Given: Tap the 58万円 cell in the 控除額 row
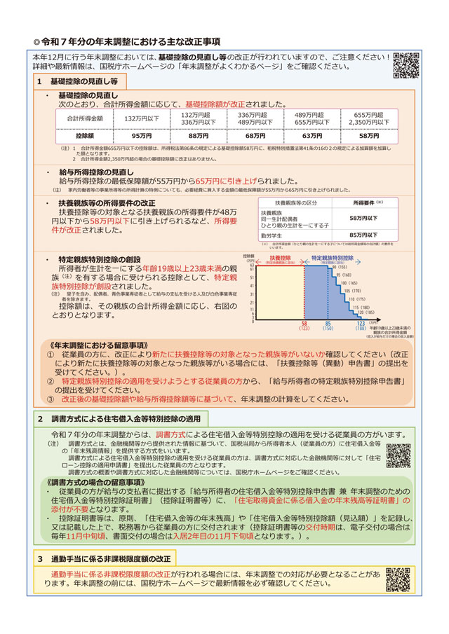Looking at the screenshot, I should (369, 136).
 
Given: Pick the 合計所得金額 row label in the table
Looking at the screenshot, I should (84, 118).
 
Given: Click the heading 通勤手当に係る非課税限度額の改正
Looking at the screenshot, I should (112, 558).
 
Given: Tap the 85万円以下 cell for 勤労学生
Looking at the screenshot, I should (363, 235).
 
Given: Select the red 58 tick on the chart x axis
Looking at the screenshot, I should (304, 324).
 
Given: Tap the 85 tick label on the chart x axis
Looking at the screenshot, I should (328, 324).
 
